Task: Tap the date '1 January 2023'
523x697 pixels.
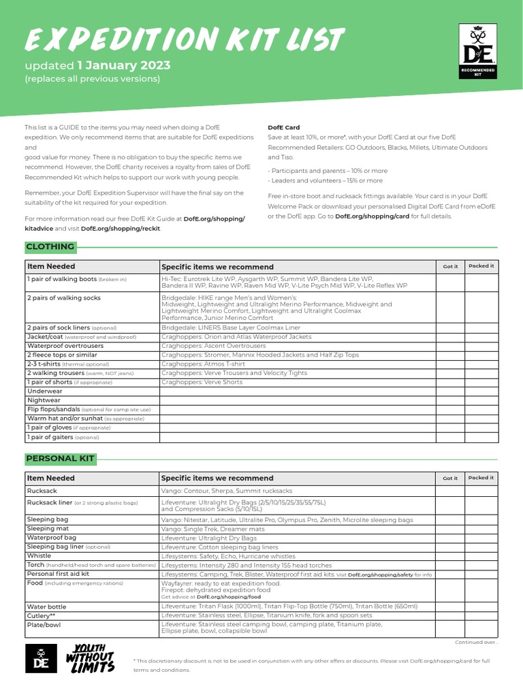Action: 123,66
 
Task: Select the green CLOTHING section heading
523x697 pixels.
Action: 50,246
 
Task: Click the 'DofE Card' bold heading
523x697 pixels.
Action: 283,127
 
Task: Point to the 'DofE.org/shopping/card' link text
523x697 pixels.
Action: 373,216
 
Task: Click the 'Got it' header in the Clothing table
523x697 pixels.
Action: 450,266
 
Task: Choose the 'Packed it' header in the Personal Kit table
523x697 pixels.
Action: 481,478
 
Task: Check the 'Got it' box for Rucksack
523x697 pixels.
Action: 450,491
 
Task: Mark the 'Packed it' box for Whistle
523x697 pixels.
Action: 481,556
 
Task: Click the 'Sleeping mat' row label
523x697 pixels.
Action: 48,529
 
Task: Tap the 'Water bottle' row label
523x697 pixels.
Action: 47,606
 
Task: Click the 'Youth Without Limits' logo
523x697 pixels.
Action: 89,658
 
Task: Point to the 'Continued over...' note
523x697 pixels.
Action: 476,642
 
